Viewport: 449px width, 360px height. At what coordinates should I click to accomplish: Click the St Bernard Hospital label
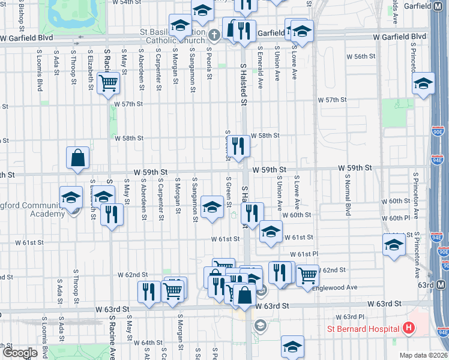(363, 328)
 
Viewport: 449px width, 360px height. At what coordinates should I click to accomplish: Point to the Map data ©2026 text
(424, 355)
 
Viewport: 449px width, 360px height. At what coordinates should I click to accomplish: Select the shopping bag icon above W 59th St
(78, 158)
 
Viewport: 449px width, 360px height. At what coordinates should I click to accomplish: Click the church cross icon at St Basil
(214, 34)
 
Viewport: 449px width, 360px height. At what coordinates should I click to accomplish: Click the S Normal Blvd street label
(348, 192)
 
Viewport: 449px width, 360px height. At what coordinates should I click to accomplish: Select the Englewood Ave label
(339, 287)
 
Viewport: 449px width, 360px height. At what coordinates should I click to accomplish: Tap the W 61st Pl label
(306, 254)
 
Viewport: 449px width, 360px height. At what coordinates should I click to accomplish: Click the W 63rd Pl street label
(350, 316)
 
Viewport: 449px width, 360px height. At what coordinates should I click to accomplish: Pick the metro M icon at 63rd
(442, 284)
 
